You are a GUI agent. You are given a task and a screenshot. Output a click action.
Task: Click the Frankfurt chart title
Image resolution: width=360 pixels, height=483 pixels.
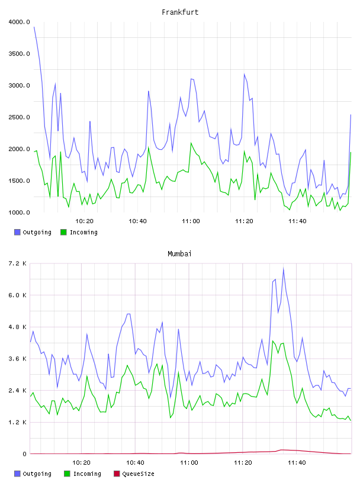[x=180, y=12]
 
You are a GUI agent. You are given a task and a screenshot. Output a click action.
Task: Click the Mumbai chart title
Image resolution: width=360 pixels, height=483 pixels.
[x=179, y=254]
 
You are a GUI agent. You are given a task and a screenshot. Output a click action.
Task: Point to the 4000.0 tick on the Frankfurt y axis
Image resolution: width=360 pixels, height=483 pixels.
[x=19, y=22]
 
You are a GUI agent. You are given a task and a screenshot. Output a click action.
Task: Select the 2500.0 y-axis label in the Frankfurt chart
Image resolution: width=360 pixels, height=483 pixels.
[x=19, y=117]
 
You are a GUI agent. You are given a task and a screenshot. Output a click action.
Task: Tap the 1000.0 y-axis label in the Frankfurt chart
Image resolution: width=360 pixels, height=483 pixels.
[x=19, y=212]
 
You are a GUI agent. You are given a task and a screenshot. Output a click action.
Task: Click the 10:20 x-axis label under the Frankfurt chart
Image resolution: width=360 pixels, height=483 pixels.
[x=84, y=221]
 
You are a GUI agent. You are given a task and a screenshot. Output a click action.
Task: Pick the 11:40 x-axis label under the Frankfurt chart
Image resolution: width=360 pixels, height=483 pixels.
[x=297, y=221]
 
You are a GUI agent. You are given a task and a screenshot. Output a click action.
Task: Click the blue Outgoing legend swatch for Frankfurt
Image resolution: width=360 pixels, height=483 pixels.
[x=17, y=232]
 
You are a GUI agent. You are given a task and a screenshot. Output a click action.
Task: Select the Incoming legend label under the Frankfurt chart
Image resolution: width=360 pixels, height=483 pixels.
[x=83, y=232]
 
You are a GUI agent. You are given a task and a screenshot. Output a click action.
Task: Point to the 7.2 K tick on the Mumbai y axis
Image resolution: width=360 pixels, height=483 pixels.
[x=17, y=263]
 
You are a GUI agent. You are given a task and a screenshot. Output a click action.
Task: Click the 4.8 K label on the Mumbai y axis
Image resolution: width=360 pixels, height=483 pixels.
[x=17, y=327]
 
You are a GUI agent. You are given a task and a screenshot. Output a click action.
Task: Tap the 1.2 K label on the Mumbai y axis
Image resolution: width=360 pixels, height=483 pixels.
[x=17, y=422]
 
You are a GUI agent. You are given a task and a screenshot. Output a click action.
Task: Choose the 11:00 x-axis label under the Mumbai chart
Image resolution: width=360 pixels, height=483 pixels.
[x=189, y=463]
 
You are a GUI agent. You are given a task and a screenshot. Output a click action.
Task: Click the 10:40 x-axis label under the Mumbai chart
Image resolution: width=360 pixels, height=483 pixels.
[x=135, y=463]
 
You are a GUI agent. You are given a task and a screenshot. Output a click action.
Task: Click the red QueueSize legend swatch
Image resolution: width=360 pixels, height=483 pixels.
[x=117, y=474]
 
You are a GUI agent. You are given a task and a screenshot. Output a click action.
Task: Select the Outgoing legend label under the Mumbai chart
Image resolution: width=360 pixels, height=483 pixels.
[x=37, y=474]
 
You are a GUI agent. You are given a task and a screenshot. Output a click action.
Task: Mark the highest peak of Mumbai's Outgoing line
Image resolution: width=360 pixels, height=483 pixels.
[x=283, y=269]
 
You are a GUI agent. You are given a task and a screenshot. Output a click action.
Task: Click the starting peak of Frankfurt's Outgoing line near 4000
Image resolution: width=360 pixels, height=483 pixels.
[x=34, y=27]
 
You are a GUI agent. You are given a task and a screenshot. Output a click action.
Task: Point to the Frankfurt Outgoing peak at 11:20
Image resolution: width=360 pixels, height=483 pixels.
[x=244, y=74]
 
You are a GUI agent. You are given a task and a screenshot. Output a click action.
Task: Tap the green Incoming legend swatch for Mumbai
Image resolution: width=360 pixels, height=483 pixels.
[x=67, y=474]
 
